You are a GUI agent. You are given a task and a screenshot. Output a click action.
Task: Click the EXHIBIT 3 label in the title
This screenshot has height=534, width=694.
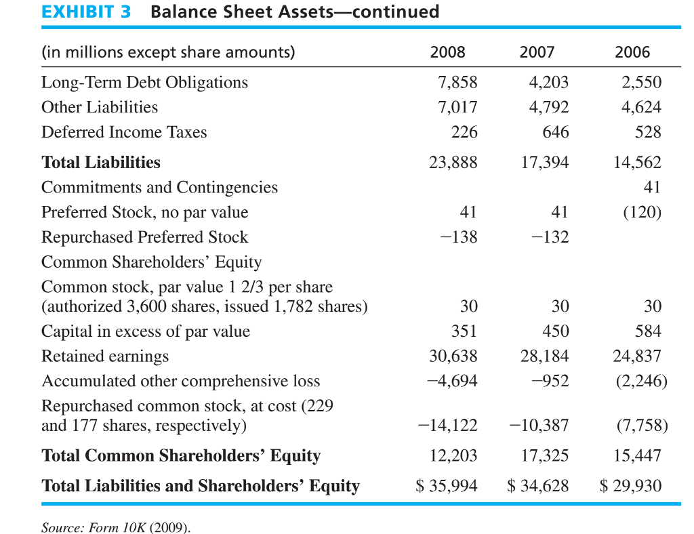point(86,12)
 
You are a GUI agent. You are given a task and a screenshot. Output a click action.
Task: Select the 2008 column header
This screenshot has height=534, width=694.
point(448,52)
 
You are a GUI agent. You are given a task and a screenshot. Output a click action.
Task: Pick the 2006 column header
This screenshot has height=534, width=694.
point(632,52)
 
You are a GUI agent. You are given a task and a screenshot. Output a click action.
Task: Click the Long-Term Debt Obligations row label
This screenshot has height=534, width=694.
point(144,83)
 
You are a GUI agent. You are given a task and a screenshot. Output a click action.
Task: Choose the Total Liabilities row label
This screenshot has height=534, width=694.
point(101,163)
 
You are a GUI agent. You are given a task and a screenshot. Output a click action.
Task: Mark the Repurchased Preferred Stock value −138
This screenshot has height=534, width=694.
point(459,237)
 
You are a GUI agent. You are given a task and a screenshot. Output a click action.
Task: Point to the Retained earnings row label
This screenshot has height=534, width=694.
point(105,356)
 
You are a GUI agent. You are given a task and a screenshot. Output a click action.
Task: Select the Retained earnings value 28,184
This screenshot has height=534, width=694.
point(544,356)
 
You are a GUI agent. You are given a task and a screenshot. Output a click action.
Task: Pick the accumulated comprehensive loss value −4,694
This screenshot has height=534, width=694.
point(453,381)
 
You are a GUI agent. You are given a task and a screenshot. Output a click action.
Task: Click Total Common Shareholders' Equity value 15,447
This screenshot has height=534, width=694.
point(637,455)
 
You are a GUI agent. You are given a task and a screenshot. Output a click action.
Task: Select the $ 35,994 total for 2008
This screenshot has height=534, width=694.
point(447,486)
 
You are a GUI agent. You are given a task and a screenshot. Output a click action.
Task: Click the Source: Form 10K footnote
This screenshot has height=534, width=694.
point(116,527)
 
